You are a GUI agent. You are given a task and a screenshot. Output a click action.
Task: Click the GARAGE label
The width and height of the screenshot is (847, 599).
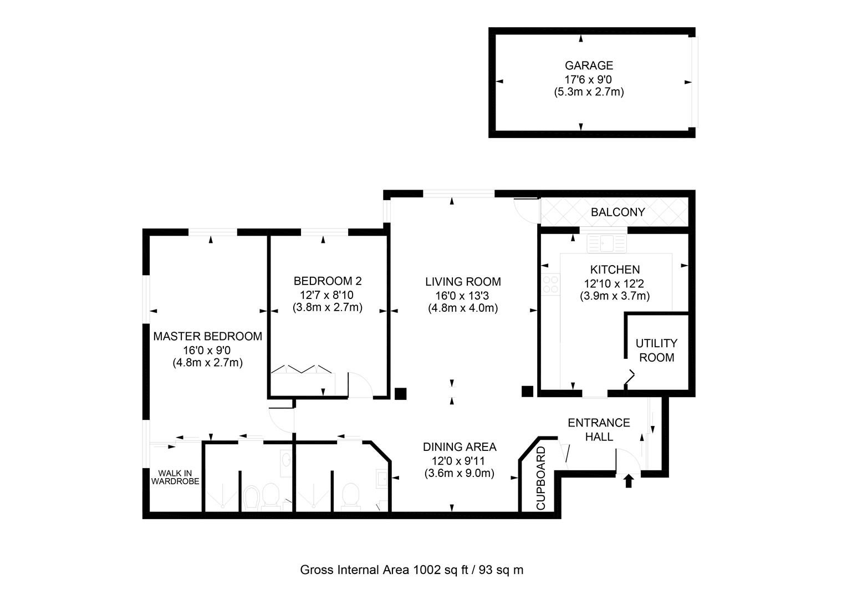click(x=589, y=65)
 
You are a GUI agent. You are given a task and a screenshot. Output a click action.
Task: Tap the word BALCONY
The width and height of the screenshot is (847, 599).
click(x=618, y=212)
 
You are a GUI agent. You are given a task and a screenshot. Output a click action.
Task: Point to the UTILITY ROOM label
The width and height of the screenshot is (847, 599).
click(x=656, y=350)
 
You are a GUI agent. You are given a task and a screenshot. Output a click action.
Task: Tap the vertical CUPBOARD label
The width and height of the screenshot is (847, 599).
click(x=541, y=478)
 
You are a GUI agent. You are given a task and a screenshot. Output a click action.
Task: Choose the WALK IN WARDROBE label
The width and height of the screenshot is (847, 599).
click(x=175, y=477)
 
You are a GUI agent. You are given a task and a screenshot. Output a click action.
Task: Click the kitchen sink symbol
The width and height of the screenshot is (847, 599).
click(x=606, y=243)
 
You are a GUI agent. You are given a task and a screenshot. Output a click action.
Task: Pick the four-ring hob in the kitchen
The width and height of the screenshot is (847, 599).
click(x=550, y=285)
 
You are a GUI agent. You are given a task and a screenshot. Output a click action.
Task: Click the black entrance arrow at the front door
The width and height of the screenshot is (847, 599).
click(x=628, y=480)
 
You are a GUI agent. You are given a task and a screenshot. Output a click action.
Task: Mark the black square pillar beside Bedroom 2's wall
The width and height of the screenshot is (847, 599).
click(x=400, y=393)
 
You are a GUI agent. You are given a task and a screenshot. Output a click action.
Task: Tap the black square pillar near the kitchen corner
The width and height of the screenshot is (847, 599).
click(x=527, y=392)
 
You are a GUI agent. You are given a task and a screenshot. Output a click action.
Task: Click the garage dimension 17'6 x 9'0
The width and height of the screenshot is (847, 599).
click(x=589, y=79)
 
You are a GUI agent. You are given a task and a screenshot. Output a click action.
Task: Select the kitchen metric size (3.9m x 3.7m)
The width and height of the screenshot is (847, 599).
click(x=615, y=296)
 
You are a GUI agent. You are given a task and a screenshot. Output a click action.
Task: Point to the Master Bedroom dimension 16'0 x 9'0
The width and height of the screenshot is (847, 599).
click(x=207, y=350)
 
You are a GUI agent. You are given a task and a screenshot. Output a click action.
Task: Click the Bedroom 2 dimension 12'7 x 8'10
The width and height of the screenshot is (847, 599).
click(x=327, y=294)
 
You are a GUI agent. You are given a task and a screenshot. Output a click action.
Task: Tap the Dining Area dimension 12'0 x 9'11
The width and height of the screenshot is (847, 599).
click(x=459, y=460)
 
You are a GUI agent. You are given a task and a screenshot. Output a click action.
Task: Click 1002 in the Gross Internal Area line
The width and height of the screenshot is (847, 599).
click(x=426, y=570)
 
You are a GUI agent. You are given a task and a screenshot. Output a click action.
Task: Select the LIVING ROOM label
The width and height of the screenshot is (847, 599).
click(x=463, y=281)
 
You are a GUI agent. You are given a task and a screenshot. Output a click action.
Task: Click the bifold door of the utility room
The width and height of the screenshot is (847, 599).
click(x=629, y=377)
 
